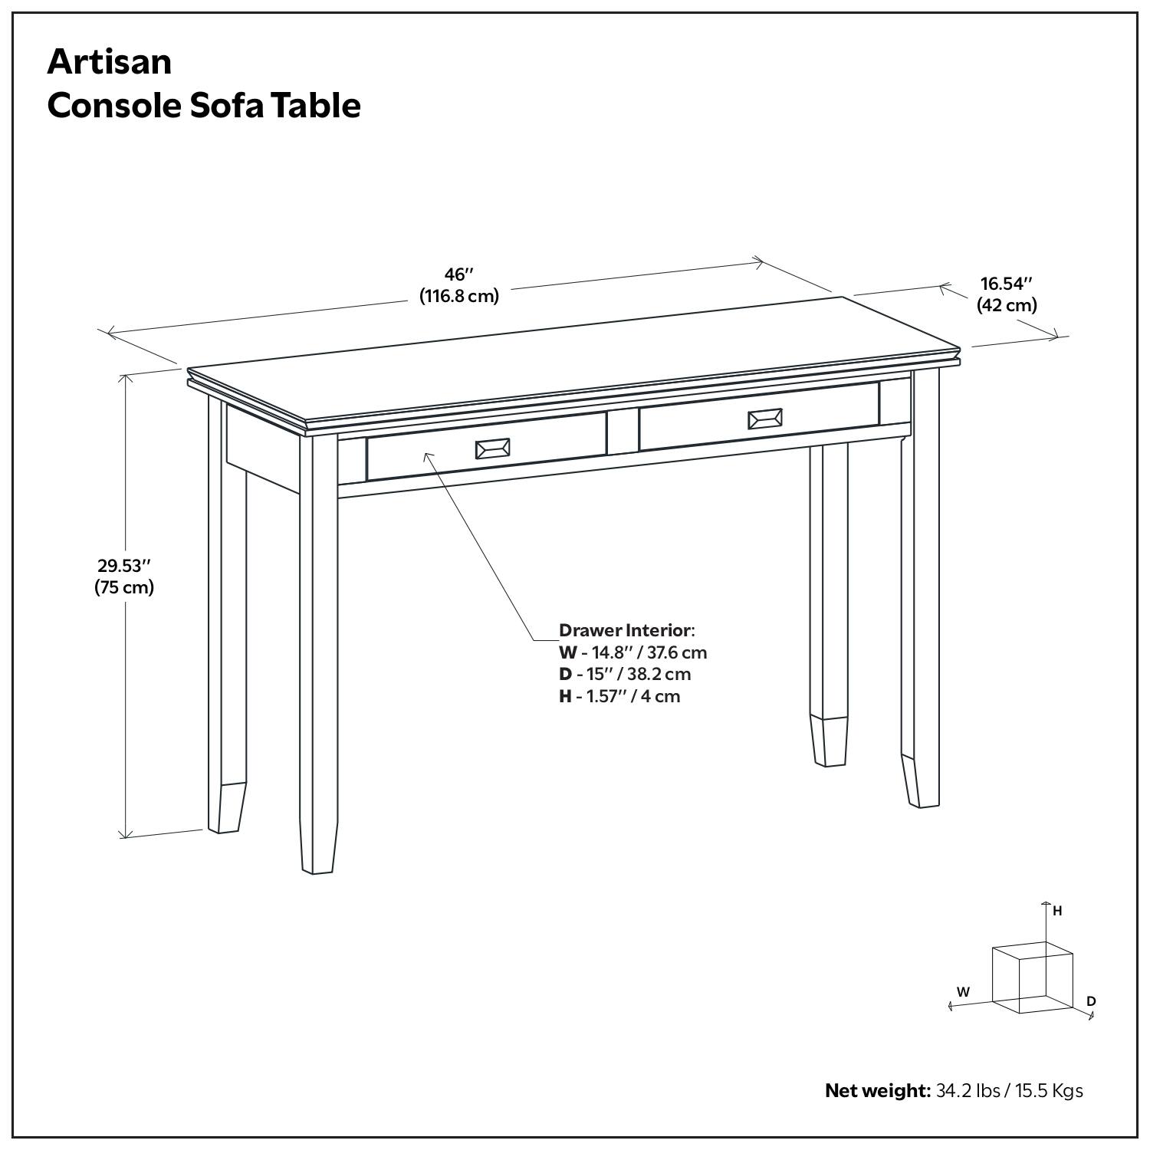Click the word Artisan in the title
pyautogui.click(x=110, y=61)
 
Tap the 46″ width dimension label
pyautogui.click(x=459, y=274)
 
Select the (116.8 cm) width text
pyautogui.click(x=459, y=296)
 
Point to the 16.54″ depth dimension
pyautogui.click(x=1007, y=284)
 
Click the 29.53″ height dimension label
pyautogui.click(x=124, y=566)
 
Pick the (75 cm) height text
pyautogui.click(x=124, y=587)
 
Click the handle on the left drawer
pyautogui.click(x=492, y=449)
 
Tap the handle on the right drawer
pyautogui.click(x=765, y=419)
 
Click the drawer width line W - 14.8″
pyautogui.click(x=632, y=652)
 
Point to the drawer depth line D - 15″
pyautogui.click(x=625, y=674)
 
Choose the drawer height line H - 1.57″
pyautogui.click(x=619, y=696)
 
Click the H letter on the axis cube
pyautogui.click(x=1057, y=911)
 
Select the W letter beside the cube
pyautogui.click(x=963, y=991)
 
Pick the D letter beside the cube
pyautogui.click(x=1091, y=1001)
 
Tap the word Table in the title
pyautogui.click(x=321, y=105)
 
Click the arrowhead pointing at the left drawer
pyautogui.click(x=427, y=455)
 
